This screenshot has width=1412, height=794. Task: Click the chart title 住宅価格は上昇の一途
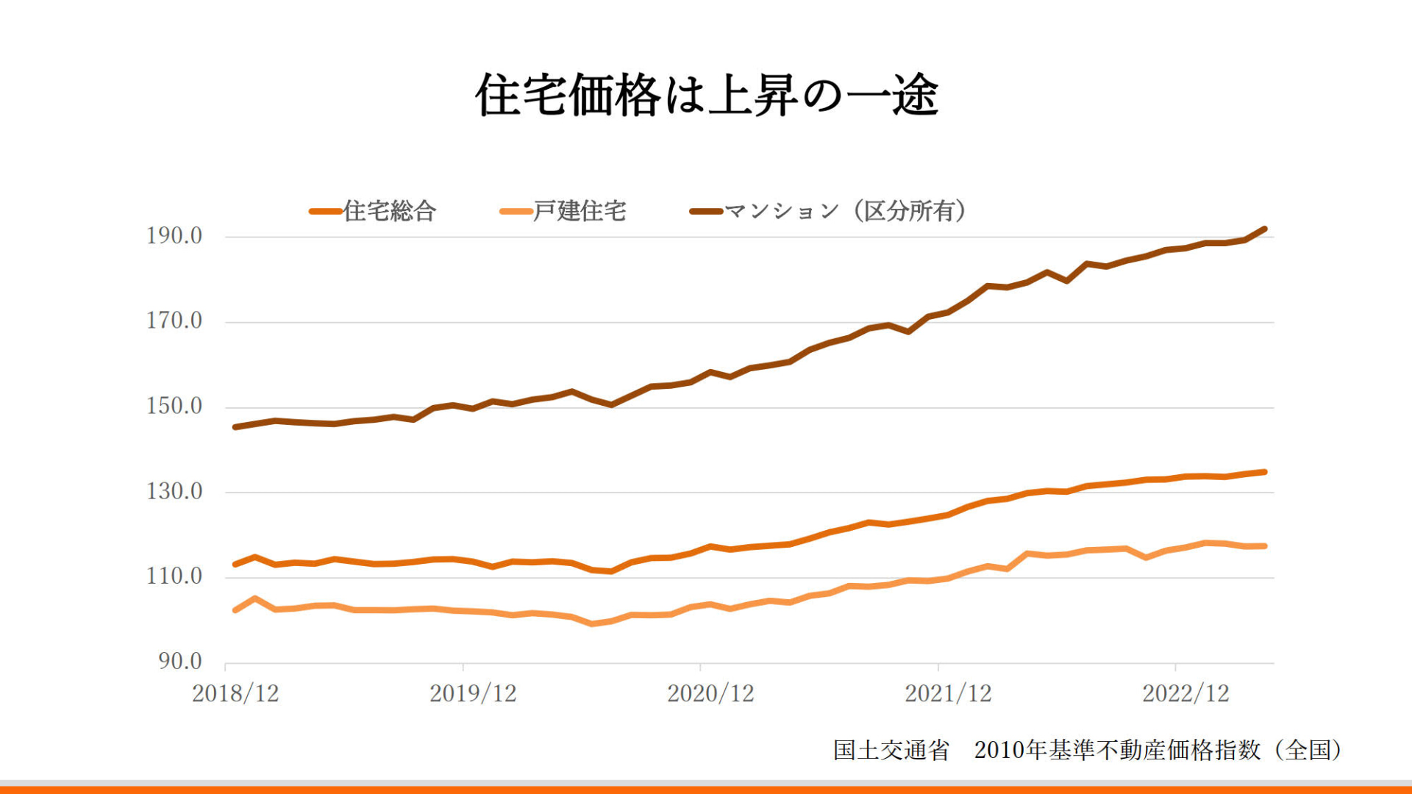coord(706,96)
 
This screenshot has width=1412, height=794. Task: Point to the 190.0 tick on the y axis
coord(174,235)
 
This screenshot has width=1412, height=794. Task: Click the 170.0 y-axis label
coord(174,321)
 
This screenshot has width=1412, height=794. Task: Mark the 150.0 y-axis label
coord(174,406)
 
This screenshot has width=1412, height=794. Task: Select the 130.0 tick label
coord(174,491)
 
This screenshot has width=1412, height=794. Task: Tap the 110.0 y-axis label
coord(174,576)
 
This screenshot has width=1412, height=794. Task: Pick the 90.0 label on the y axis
coord(180,661)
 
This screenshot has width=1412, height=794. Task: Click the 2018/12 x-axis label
coord(235,693)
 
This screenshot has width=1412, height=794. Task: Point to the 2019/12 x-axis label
coord(473,693)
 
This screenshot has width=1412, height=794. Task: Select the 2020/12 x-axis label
coord(710,693)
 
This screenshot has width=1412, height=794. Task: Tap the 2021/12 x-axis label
coord(948,693)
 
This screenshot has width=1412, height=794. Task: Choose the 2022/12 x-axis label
coord(1185,693)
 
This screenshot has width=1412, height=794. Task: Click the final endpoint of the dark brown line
coord(1265,229)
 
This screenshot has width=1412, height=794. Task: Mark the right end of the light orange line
coord(1265,546)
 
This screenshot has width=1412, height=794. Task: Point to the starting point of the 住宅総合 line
coord(235,565)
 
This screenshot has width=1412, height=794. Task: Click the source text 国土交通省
coord(891,750)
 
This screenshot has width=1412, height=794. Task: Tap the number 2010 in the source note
coord(999,750)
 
